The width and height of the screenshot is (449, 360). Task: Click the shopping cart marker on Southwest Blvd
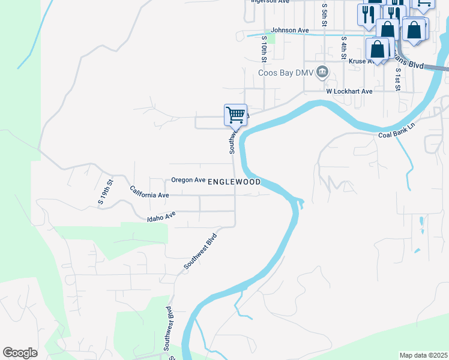tap(235, 114)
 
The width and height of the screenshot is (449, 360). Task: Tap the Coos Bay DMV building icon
tap(322, 73)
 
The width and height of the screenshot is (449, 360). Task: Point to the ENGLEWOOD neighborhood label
tap(234, 181)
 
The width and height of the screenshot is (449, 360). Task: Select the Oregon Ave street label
tap(188, 180)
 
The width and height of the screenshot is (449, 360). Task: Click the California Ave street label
tap(149, 192)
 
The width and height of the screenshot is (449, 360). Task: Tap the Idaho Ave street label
tap(161, 217)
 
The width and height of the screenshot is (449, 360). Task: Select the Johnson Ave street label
tap(289, 30)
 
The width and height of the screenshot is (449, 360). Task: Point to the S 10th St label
tap(264, 49)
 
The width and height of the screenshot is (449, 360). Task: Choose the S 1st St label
tap(397, 78)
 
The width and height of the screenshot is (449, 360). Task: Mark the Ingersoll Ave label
tap(270, 2)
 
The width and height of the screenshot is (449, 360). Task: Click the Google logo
tap(20, 353)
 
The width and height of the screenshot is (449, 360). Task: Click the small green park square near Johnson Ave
tap(271, 39)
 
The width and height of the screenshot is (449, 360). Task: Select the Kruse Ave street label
tap(358, 61)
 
